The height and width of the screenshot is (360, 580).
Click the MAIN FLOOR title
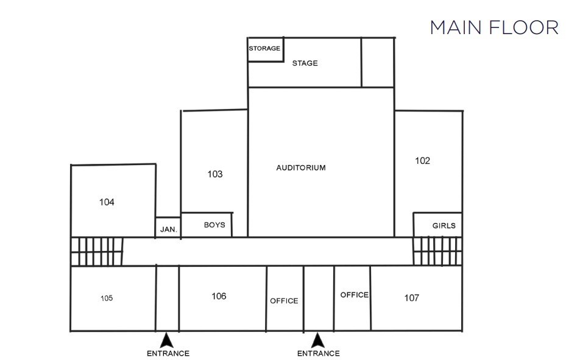tap(494, 27)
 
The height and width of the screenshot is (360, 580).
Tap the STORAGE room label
tap(264, 48)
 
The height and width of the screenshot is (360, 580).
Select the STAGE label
tap(305, 63)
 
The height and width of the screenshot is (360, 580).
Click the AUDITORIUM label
tap(301, 168)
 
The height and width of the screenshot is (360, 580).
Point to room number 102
tap(422, 161)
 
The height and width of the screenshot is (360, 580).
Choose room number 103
tap(214, 174)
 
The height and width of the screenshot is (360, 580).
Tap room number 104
tap(107, 202)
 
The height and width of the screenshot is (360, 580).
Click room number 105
tap(107, 298)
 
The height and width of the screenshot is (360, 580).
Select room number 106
tap(219, 296)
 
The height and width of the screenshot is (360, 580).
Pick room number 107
tap(412, 298)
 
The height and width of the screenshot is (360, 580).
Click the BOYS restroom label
tap(214, 225)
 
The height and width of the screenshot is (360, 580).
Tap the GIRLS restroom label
tap(444, 225)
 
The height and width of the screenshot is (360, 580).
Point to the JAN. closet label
tap(168, 230)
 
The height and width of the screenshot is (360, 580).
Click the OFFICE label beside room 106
tap(284, 301)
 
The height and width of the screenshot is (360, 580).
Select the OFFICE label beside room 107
tap(354, 295)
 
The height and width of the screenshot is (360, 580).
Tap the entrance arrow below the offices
tap(317, 339)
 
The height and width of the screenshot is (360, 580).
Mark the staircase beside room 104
tap(97, 251)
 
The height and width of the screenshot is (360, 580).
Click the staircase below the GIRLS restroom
tap(437, 251)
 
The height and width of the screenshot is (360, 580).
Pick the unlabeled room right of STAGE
tap(378, 62)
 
